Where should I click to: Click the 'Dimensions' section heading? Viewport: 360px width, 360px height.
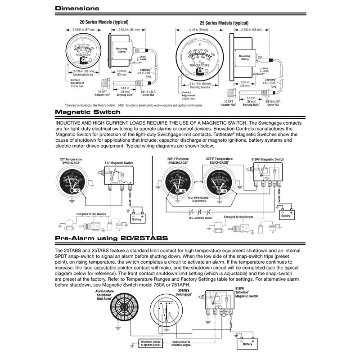pyautogui.click(x=77, y=9)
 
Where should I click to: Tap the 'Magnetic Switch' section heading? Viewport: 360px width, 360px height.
pyautogui.click(x=87, y=112)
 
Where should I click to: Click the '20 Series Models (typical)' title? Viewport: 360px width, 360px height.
pyautogui.click(x=104, y=22)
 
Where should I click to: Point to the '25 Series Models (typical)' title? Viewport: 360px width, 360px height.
pyautogui.click(x=224, y=23)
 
